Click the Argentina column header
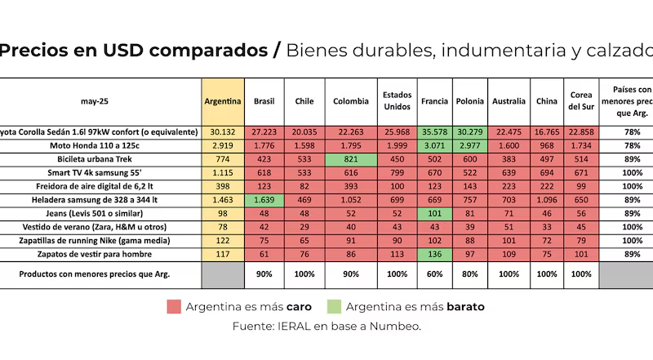click(x=223, y=101)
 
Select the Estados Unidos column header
click(x=397, y=101)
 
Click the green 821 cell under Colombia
click(x=351, y=158)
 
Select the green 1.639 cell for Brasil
click(x=264, y=198)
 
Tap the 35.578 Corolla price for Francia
click(x=434, y=132)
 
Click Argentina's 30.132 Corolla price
click(x=223, y=132)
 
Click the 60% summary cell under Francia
click(x=434, y=274)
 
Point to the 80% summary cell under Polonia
click(x=469, y=274)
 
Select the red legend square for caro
click(x=173, y=307)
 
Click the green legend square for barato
click(x=333, y=307)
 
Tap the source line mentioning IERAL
click(x=326, y=327)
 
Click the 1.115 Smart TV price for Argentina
click(x=223, y=172)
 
